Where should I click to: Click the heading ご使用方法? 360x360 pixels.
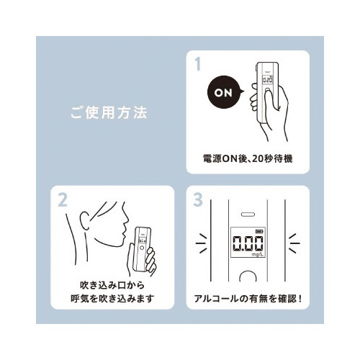point(109,113)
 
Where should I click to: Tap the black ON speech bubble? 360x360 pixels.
point(225,93)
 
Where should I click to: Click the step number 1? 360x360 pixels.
point(198,64)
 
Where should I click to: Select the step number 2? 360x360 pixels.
point(63,200)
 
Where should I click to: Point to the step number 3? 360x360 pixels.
point(198,199)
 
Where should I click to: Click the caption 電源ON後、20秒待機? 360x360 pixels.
point(248,158)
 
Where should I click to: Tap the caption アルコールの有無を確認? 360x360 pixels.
point(248,299)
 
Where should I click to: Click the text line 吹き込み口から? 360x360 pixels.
point(112,285)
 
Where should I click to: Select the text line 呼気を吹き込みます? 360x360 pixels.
point(112,299)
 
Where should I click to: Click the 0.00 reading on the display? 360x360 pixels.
point(248,244)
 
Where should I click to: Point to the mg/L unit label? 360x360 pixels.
point(258,255)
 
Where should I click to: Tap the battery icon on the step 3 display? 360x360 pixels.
point(259,232)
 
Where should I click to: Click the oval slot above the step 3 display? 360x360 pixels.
point(248,215)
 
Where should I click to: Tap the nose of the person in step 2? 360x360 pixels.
point(127,219)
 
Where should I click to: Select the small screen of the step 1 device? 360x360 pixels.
point(267,79)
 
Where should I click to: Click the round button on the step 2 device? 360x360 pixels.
point(142,248)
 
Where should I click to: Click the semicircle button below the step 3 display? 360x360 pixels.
point(248,276)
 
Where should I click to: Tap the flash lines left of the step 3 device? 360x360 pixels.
point(202,243)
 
